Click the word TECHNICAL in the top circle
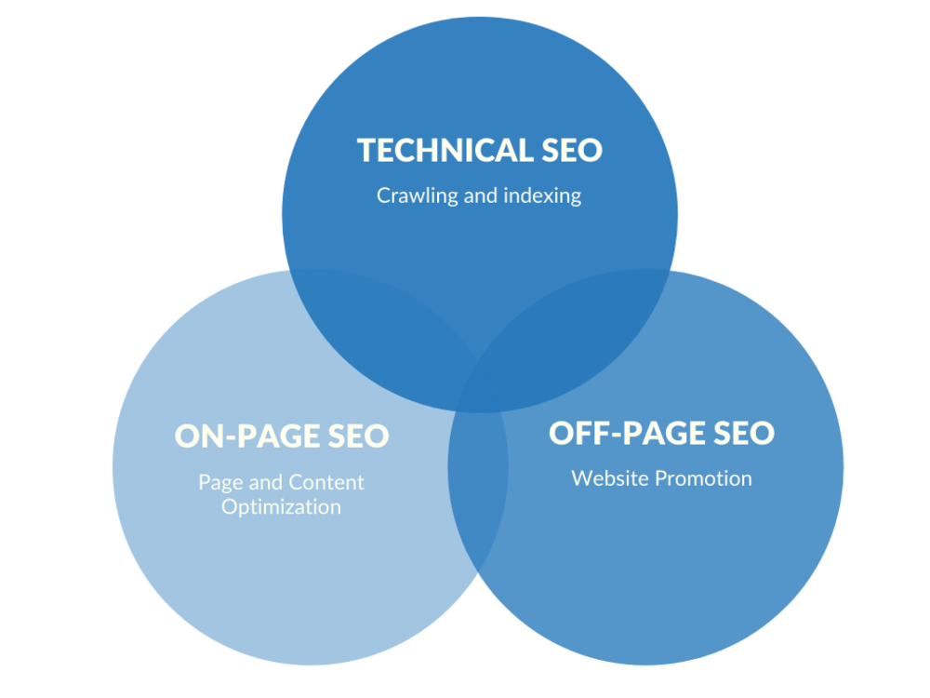(x=445, y=150)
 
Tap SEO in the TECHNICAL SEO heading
(x=572, y=150)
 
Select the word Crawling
(x=418, y=195)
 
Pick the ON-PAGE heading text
(x=248, y=436)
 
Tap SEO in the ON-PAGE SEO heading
(x=359, y=436)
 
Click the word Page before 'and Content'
(x=221, y=482)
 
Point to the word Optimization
(x=281, y=507)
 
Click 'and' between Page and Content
(x=266, y=482)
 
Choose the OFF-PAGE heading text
(x=628, y=434)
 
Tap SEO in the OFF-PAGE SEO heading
(x=744, y=434)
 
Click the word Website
(x=610, y=478)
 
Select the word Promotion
(x=703, y=478)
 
